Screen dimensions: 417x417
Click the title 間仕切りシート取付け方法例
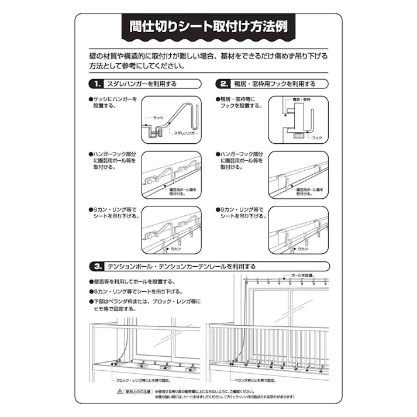208,27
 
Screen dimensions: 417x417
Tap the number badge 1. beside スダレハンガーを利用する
97,84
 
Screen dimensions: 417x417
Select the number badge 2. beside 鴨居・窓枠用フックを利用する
223,84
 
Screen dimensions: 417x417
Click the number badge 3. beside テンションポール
97,267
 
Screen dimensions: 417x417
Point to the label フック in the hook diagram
317,137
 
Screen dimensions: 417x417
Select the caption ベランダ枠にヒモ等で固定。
260,380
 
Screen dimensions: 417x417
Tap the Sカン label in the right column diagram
302,249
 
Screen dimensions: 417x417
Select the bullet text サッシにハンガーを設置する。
115,103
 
